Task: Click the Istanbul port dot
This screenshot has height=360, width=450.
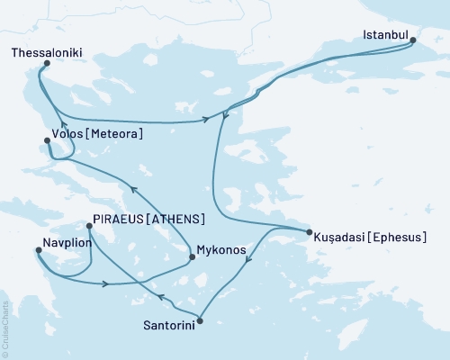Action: pyautogui.click(x=412, y=40)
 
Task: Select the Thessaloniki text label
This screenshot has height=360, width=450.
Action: pyautogui.click(x=48, y=53)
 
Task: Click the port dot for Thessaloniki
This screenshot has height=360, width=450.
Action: pyautogui.click(x=47, y=64)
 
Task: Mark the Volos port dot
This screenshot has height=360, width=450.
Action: pyautogui.click(x=47, y=139)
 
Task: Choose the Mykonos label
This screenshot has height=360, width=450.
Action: pyautogui.click(x=221, y=251)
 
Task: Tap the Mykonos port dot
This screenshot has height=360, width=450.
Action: pyautogui.click(x=192, y=257)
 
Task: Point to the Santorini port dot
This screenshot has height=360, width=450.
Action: pyautogui.click(x=199, y=320)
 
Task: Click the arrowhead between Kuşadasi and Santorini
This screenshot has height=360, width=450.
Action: pyautogui.click(x=249, y=261)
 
